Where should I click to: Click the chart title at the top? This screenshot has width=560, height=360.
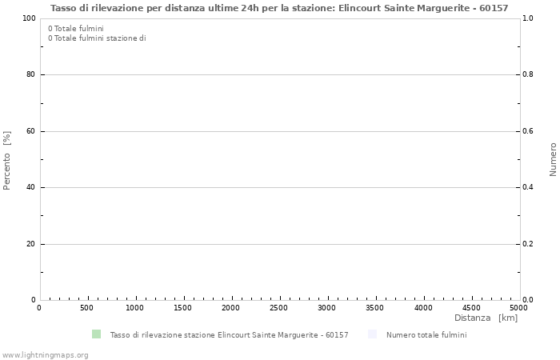pyautogui.click(x=279, y=8)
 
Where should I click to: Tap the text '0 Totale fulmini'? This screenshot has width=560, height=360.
pyautogui.click(x=76, y=29)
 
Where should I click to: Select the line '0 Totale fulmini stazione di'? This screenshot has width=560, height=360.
pyautogui.click(x=97, y=38)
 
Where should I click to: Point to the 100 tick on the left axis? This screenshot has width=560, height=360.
pyautogui.click(x=29, y=18)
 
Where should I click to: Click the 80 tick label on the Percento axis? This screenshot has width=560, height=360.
pyautogui.click(x=30, y=74)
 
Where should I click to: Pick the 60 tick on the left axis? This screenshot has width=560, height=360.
pyautogui.click(x=30, y=131)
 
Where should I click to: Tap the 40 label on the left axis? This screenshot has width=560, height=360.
pyautogui.click(x=30, y=187)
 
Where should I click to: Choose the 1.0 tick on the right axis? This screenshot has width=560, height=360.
pyautogui.click(x=529, y=18)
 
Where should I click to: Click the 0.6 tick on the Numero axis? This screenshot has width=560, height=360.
pyautogui.click(x=529, y=131)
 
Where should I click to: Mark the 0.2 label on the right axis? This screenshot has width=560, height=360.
pyautogui.click(x=529, y=244)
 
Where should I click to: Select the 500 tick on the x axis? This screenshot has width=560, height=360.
pyautogui.click(x=87, y=308)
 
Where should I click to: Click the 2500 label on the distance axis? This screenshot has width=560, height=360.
pyautogui.click(x=279, y=308)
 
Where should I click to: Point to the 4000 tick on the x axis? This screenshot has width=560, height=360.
pyautogui.click(x=423, y=308)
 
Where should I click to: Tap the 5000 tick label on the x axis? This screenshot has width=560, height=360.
pyautogui.click(x=518, y=308)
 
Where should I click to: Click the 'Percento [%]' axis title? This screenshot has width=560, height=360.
pyautogui.click(x=7, y=160)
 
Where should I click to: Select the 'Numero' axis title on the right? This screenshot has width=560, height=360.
pyautogui.click(x=553, y=159)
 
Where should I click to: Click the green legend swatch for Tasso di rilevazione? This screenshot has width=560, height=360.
pyautogui.click(x=96, y=334)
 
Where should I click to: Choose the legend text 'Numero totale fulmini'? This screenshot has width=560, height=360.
pyautogui.click(x=426, y=335)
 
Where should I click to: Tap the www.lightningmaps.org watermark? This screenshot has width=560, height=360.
pyautogui.click(x=45, y=354)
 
